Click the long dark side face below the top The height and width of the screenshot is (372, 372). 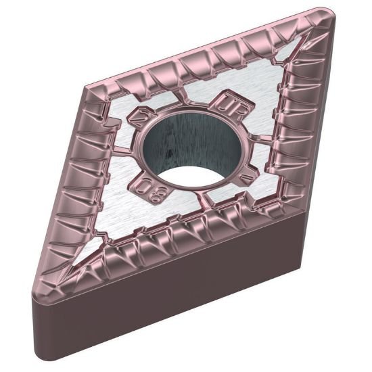tap(203, 298)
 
